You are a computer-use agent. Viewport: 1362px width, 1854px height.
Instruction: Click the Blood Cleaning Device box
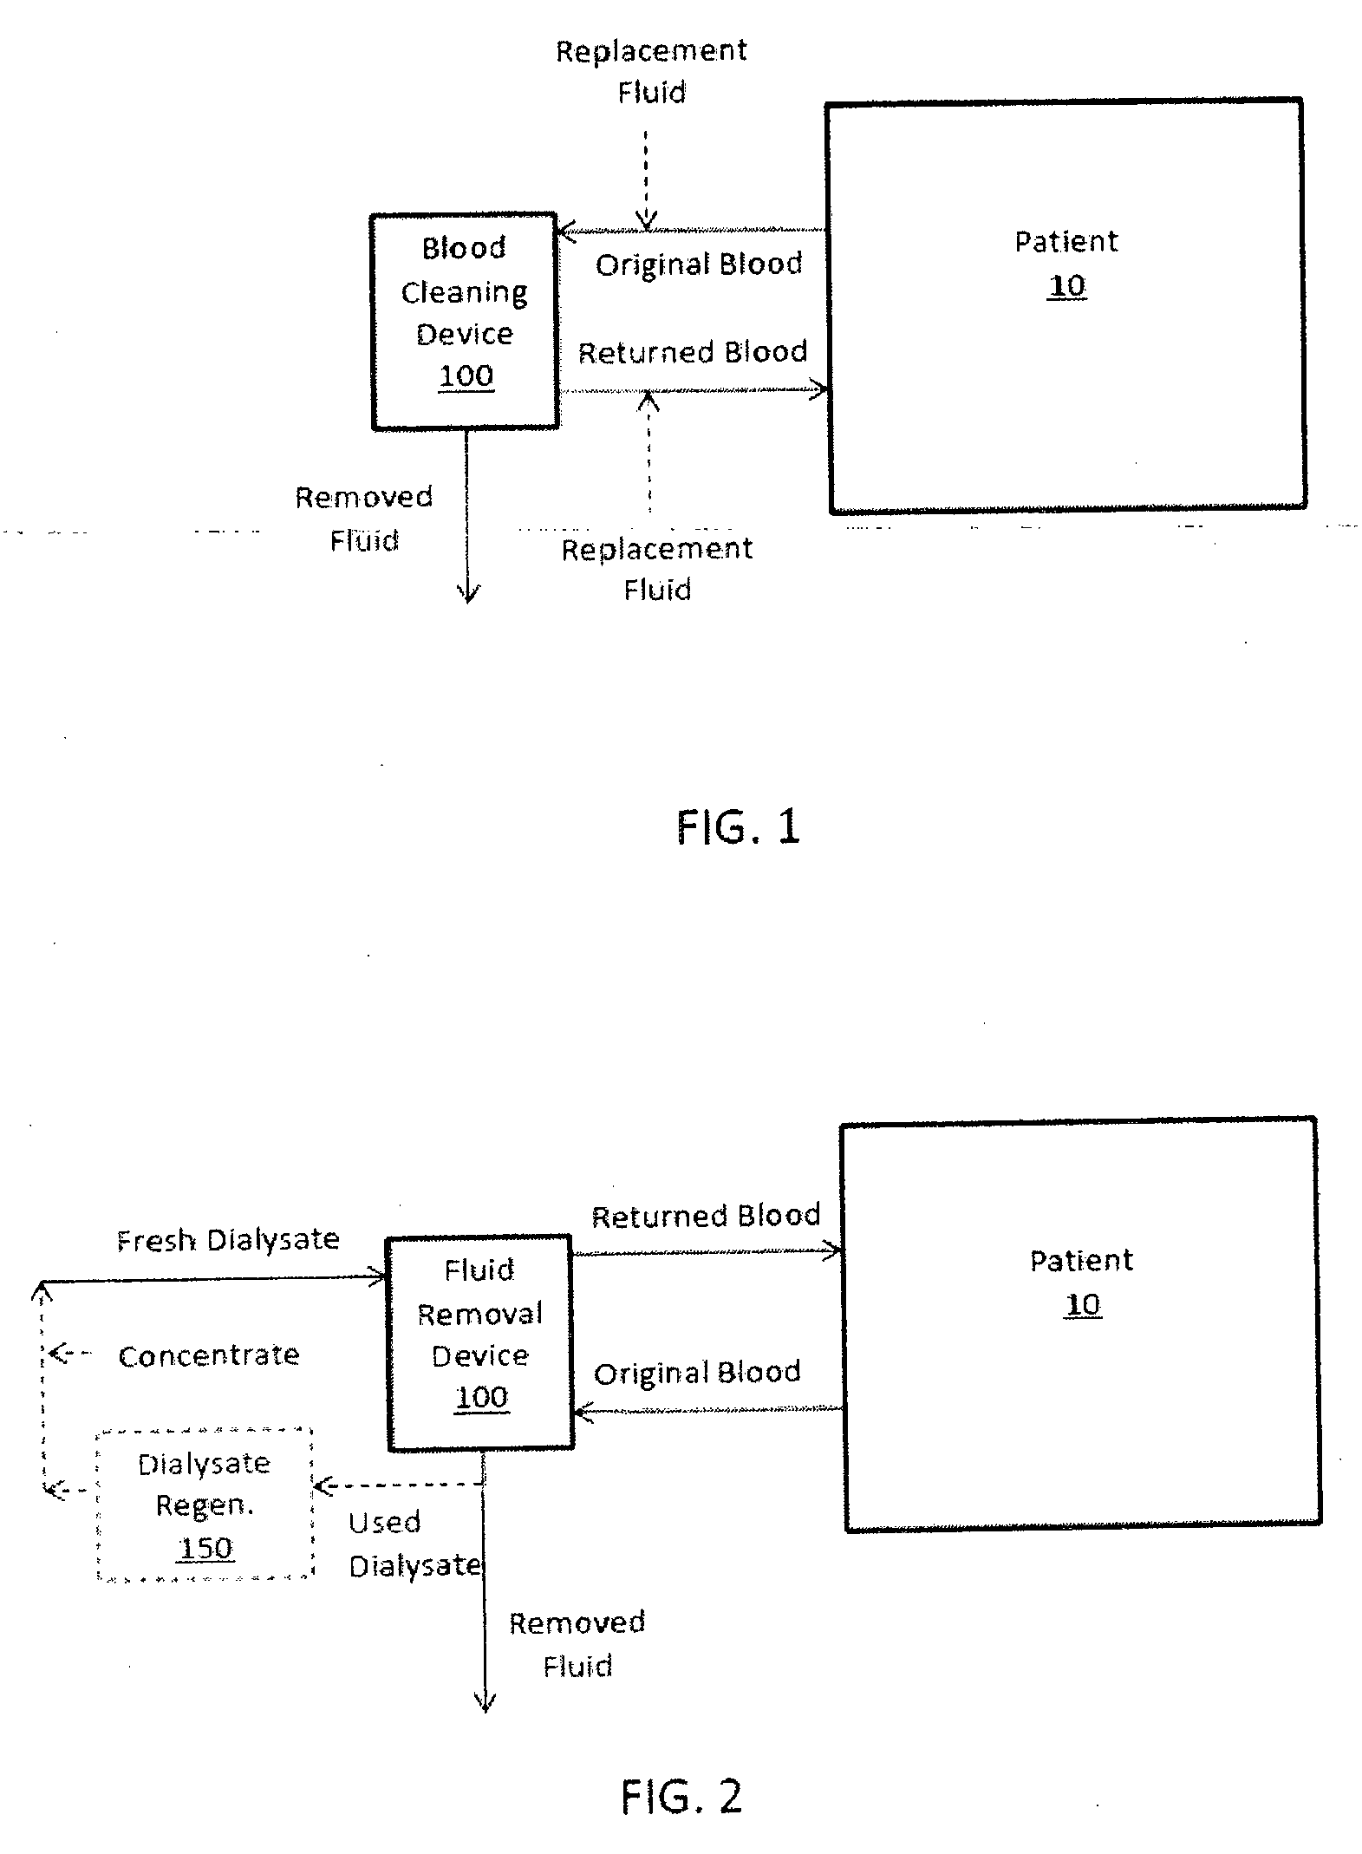tap(464, 320)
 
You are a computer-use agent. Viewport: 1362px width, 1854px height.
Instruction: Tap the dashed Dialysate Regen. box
tap(205, 1505)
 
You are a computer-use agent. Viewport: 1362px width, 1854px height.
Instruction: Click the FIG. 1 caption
tap(737, 826)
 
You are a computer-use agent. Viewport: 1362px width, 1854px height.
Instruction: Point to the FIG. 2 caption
tap(681, 1796)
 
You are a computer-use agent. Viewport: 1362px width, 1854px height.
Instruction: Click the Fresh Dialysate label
tap(228, 1240)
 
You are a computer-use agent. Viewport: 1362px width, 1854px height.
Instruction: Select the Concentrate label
tap(209, 1355)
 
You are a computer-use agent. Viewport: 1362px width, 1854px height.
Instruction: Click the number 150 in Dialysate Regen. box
tap(205, 1548)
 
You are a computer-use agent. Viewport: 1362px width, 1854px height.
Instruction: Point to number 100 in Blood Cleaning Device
tap(466, 375)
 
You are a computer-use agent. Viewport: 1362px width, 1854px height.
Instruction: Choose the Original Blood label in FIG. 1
tap(699, 264)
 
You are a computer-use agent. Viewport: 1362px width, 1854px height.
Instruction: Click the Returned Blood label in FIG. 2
tap(706, 1216)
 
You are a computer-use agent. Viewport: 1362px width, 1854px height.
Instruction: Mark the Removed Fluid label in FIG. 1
tap(364, 519)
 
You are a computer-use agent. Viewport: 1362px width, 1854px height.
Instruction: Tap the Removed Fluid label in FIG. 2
tap(577, 1644)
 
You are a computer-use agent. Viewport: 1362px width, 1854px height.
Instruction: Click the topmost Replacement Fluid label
tap(651, 71)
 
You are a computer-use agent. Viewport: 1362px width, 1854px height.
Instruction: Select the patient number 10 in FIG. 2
tap(1082, 1304)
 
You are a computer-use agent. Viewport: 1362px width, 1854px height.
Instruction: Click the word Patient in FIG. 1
tap(1066, 241)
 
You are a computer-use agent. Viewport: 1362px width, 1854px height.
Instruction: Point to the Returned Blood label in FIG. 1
tap(693, 352)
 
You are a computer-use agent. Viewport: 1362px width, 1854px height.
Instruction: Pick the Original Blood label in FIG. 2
tap(697, 1373)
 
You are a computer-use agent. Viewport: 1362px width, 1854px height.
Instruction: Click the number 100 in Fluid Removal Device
tap(481, 1397)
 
